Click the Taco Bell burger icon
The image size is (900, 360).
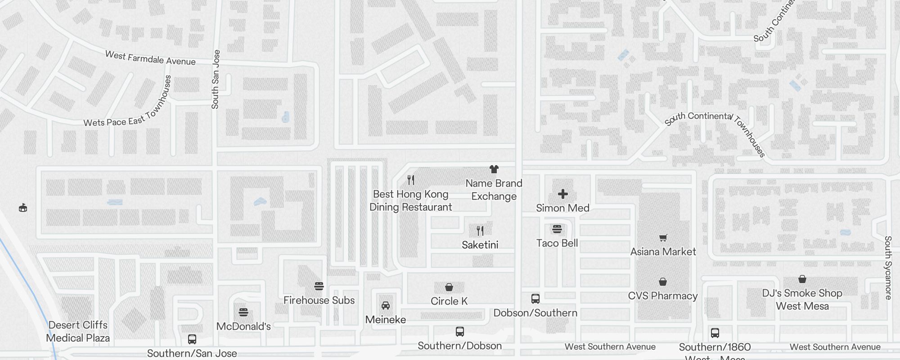[557, 229]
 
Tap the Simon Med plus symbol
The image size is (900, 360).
[562, 194]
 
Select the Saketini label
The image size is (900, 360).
[480, 245]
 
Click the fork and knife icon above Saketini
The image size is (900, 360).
[480, 231]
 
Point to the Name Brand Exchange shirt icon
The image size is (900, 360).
[494, 169]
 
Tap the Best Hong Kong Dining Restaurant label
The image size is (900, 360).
[410, 201]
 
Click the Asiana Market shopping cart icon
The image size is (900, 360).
[663, 238]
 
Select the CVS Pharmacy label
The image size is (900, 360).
[663, 296]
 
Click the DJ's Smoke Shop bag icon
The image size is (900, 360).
[802, 279]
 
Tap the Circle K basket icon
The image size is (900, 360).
[449, 287]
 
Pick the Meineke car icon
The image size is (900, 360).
[386, 306]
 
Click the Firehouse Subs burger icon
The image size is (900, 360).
[319, 286]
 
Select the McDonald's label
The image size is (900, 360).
[243, 326]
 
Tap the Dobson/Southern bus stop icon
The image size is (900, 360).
[535, 299]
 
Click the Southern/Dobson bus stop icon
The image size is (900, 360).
[459, 332]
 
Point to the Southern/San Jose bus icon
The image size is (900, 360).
[192, 339]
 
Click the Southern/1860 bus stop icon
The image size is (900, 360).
[715, 333]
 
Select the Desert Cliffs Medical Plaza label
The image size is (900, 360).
[78, 331]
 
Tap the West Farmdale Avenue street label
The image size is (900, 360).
[150, 58]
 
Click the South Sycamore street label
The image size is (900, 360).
[888, 268]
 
